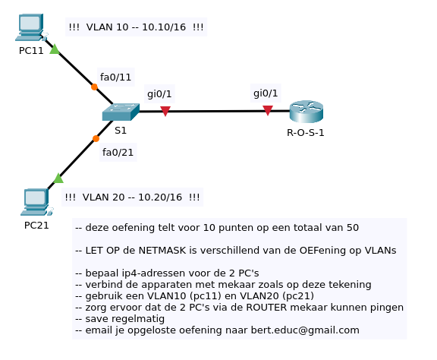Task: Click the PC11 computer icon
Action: pyautogui.click(x=30, y=27)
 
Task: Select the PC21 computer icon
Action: pyautogui.click(x=35, y=202)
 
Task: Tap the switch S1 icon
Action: pyautogui.click(x=121, y=112)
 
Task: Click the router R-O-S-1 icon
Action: pyautogui.click(x=306, y=112)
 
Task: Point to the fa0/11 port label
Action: pyautogui.click(x=115, y=77)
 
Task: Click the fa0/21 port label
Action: pyautogui.click(x=118, y=153)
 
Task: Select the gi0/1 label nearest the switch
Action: pyautogui.click(x=159, y=93)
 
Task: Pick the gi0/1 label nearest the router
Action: pyautogui.click(x=266, y=93)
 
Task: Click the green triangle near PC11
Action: pyautogui.click(x=55, y=50)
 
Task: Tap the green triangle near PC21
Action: pyautogui.click(x=58, y=178)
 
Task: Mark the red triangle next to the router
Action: pyautogui.click(x=268, y=111)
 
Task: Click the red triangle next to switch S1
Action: pyautogui.click(x=165, y=112)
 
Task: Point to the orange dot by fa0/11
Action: pyautogui.click(x=94, y=87)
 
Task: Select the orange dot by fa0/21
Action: pyautogui.click(x=96, y=139)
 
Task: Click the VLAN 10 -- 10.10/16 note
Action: pyautogui.click(x=136, y=27)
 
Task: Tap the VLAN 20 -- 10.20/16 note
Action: pyautogui.click(x=133, y=197)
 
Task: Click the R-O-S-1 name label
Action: pyautogui.click(x=306, y=133)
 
